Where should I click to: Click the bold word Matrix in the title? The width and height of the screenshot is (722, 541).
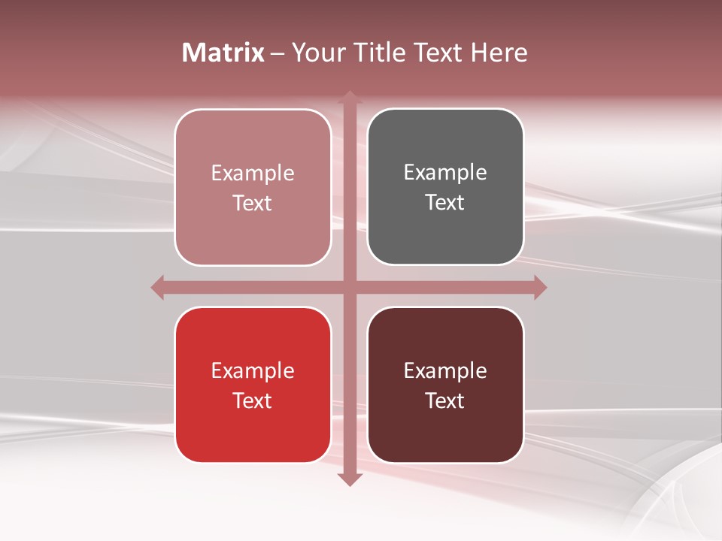point(223,53)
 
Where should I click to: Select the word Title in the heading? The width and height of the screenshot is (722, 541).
point(375,53)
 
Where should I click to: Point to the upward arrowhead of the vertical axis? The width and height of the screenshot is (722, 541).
point(349,97)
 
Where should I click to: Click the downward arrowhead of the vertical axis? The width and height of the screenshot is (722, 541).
point(349,479)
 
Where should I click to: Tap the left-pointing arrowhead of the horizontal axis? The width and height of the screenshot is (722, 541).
point(157,287)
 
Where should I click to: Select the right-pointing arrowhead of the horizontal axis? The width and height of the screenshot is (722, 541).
point(540,287)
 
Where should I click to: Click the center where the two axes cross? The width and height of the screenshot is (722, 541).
point(349,287)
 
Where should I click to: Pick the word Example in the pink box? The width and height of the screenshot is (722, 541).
point(253,174)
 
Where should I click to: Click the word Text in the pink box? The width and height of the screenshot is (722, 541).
point(253,203)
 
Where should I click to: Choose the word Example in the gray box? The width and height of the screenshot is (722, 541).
point(445,173)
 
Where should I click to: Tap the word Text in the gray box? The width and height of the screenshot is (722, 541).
point(445,202)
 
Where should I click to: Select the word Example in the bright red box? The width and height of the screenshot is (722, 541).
point(253,371)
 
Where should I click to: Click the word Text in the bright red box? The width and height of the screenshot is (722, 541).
point(253,400)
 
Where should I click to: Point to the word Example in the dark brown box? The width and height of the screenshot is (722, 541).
point(445,371)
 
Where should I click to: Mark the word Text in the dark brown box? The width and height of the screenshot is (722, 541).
point(445,400)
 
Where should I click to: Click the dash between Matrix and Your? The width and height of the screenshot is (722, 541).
point(278,53)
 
